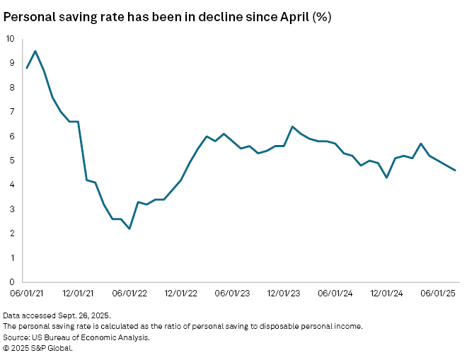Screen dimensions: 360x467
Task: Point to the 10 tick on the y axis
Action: pos(9,38)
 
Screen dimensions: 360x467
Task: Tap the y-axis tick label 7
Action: pos(11,112)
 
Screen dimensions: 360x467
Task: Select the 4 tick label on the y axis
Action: pos(11,185)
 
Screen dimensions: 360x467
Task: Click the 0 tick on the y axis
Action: pos(11,282)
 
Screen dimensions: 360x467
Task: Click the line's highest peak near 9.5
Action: pos(35,51)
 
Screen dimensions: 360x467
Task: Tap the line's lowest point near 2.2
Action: pos(129,228)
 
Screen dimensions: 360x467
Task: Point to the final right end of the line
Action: pos(455,170)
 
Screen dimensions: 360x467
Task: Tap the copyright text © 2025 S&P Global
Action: pos(38,348)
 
